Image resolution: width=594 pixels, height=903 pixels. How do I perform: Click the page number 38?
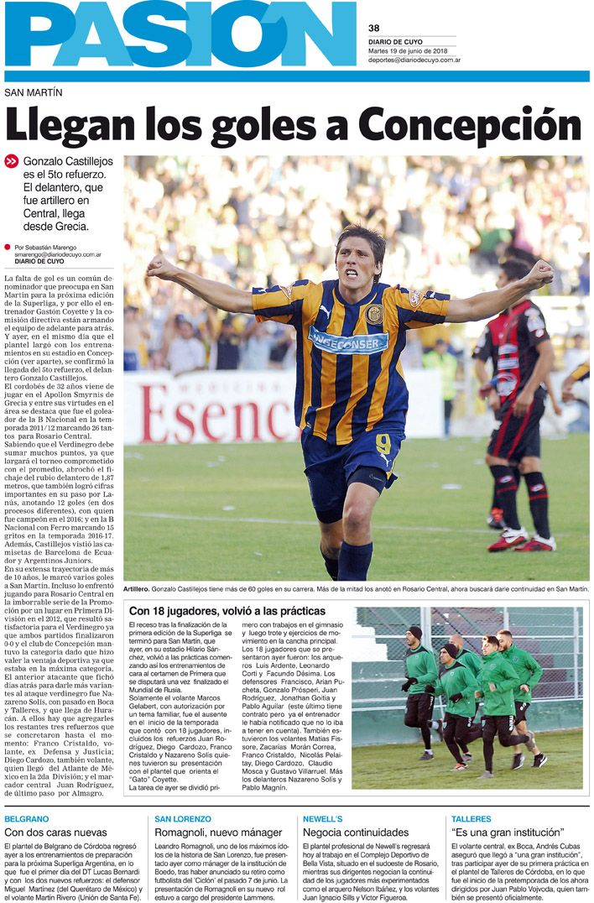click(x=374, y=27)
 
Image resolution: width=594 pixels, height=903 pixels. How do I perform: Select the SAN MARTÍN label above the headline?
click(x=34, y=92)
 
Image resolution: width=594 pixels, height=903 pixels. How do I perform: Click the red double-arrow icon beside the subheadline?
click(x=11, y=161)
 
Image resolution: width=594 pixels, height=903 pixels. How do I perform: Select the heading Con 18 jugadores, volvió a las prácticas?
click(x=227, y=611)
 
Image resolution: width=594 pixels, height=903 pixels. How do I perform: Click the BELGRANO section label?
click(x=26, y=817)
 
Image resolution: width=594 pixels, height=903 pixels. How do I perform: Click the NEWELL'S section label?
click(x=323, y=817)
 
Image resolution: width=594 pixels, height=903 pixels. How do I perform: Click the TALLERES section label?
click(x=471, y=817)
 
